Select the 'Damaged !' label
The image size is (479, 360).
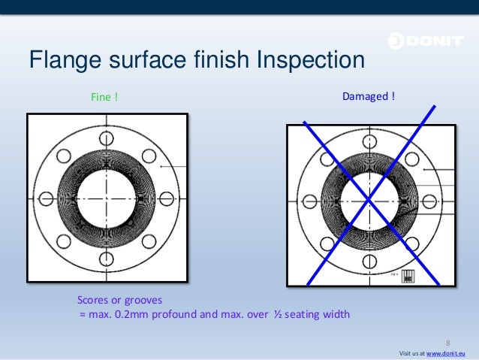pos(369,97)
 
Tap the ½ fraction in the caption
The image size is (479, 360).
pos(276,314)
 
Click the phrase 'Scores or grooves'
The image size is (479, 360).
pos(119,299)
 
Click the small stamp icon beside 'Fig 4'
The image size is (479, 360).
pos(408,276)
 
